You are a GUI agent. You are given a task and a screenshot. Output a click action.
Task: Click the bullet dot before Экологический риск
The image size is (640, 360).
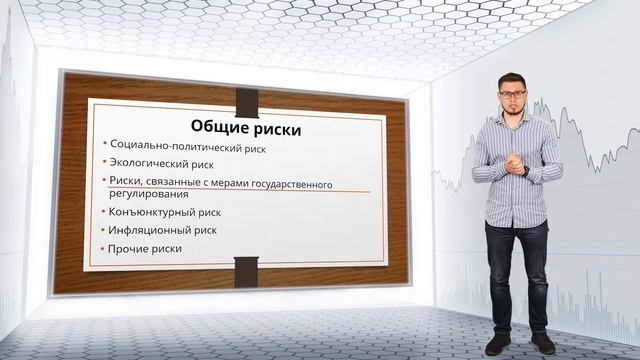[105, 162]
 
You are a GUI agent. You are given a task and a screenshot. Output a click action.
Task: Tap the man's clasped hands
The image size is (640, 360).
[519, 163]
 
